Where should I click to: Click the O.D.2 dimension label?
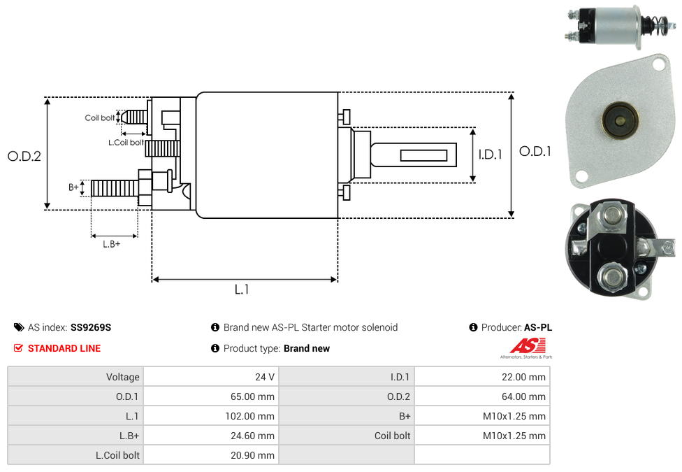[24, 156]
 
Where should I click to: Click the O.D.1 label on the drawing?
[535, 151]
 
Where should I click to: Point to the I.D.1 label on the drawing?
[490, 155]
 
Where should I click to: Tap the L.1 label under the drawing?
[242, 289]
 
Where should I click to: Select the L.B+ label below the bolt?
[112, 244]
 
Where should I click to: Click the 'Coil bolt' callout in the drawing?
[100, 117]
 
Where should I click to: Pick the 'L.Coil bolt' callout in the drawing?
[126, 143]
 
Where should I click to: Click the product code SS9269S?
[91, 327]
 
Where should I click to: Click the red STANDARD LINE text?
[64, 348]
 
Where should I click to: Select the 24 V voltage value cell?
[210, 377]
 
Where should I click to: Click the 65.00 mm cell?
[210, 396]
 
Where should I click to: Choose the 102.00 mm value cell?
[210, 416]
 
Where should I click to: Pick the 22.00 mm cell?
[481, 377]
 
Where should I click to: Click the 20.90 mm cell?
[210, 455]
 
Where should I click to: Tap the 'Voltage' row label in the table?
[75, 377]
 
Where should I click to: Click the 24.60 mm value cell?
[210, 436]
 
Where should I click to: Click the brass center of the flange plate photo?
[620, 122]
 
